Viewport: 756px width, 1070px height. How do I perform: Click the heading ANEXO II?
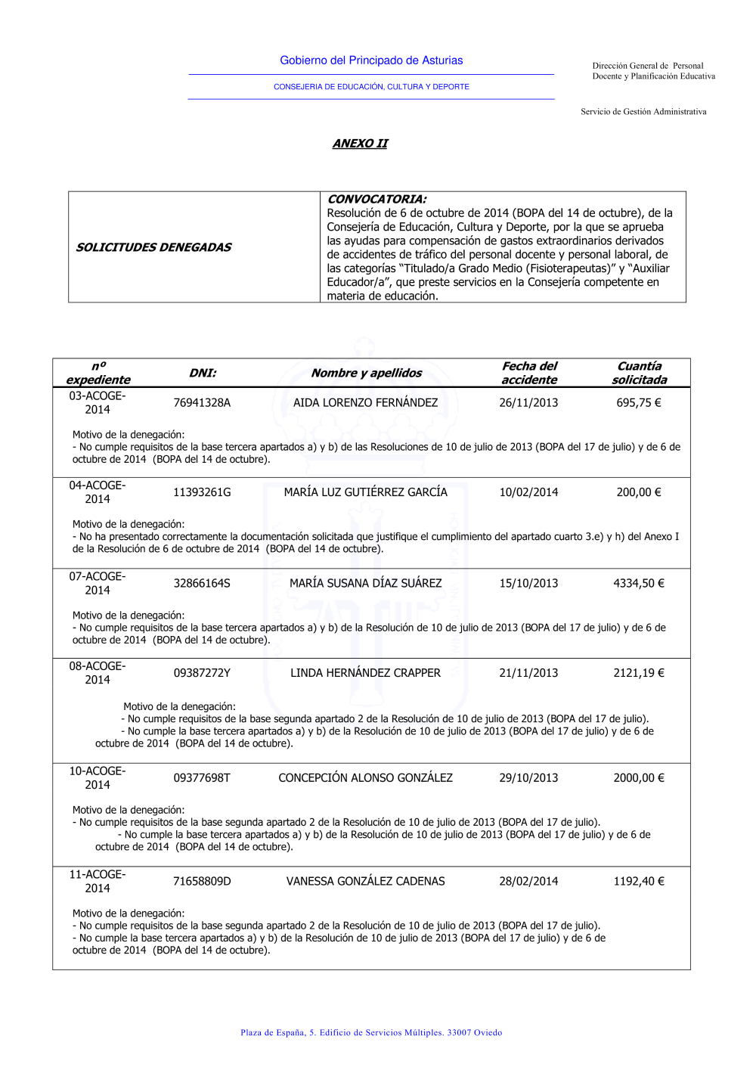pyautogui.click(x=360, y=144)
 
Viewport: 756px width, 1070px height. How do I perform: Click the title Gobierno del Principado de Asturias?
pyautogui.click(x=371, y=60)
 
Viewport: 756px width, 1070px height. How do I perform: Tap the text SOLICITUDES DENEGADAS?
pyautogui.click(x=153, y=247)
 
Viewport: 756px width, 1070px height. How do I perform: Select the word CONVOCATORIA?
pyautogui.click(x=376, y=199)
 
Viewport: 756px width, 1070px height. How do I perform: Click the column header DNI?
pyautogui.click(x=203, y=373)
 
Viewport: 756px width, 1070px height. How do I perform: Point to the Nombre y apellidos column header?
pyautogui.click(x=367, y=373)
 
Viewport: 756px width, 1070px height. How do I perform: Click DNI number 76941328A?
pyautogui.click(x=202, y=403)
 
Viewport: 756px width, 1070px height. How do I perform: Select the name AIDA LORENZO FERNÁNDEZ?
pyautogui.click(x=365, y=403)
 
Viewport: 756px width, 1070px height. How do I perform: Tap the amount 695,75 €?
pyautogui.click(x=639, y=403)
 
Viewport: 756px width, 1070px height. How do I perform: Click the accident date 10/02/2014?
pyautogui.click(x=528, y=492)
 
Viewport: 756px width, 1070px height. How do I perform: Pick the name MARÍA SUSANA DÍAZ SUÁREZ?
pyautogui.click(x=365, y=583)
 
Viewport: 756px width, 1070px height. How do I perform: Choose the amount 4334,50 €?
pyautogui.click(x=639, y=583)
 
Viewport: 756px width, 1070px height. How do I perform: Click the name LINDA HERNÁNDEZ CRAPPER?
pyautogui.click(x=365, y=673)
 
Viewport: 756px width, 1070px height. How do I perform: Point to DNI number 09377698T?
pyautogui.click(x=202, y=778)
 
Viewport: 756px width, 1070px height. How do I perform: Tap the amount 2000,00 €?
pyautogui.click(x=639, y=778)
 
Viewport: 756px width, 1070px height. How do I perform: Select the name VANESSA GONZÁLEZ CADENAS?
pyautogui.click(x=365, y=882)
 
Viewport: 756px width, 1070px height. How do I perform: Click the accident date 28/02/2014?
pyautogui.click(x=528, y=882)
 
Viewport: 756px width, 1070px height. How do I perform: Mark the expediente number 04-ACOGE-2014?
pyautogui.click(x=98, y=492)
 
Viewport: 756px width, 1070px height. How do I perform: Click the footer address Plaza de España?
pyautogui.click(x=371, y=1033)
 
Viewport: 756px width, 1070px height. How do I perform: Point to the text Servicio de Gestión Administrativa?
pyautogui.click(x=643, y=112)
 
